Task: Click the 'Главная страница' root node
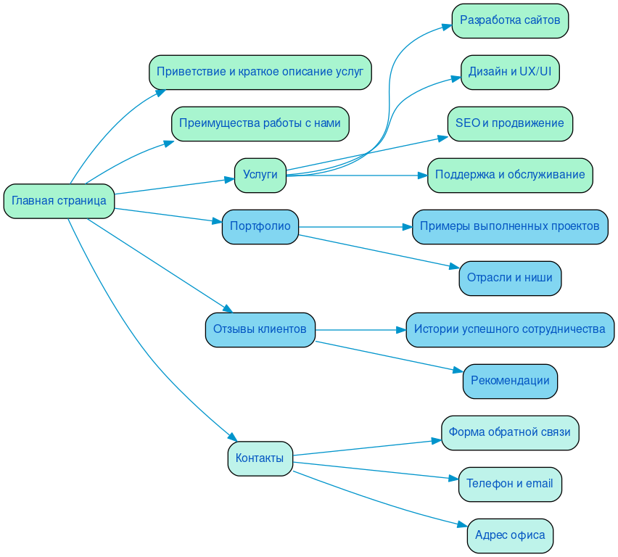59,201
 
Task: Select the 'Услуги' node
260,175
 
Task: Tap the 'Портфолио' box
260,226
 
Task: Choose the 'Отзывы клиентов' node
260,329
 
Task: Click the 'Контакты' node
260,458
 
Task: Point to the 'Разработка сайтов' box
509,20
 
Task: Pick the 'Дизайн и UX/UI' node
509,72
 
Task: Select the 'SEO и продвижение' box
509,123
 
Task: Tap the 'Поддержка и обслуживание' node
509,175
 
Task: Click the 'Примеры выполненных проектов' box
509,226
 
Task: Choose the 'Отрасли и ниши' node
509,278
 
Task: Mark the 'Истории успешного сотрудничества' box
509,329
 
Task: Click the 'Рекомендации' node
509,381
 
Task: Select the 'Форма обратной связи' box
509,432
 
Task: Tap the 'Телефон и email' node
509,484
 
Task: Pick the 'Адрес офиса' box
509,535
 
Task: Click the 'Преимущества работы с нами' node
260,123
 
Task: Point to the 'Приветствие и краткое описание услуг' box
260,72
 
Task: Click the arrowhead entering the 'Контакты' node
233,437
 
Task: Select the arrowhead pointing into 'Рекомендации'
458,371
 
